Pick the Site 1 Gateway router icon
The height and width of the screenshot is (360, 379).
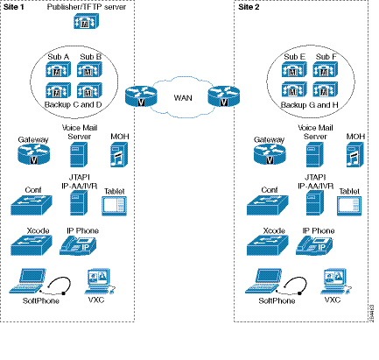(x=32, y=156)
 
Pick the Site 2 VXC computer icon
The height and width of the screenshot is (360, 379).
(x=330, y=282)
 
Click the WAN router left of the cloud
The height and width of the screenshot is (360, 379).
(x=137, y=97)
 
